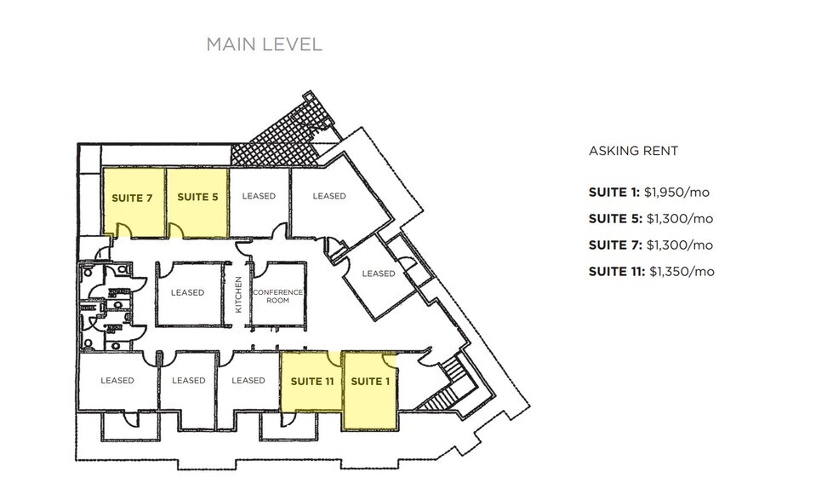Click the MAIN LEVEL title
tap(264, 44)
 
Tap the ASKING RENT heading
tap(633, 151)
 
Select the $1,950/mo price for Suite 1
tap(679, 192)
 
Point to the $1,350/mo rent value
tap(682, 272)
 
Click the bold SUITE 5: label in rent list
tap(615, 218)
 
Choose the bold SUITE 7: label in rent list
tap(615, 245)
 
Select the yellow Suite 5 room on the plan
tap(197, 198)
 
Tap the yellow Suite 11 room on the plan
tap(311, 381)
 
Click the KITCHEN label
tap(239, 293)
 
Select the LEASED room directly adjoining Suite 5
tap(259, 197)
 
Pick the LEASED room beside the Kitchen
tap(187, 292)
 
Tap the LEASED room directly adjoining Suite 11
tap(248, 381)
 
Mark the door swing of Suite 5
tap(178, 229)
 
